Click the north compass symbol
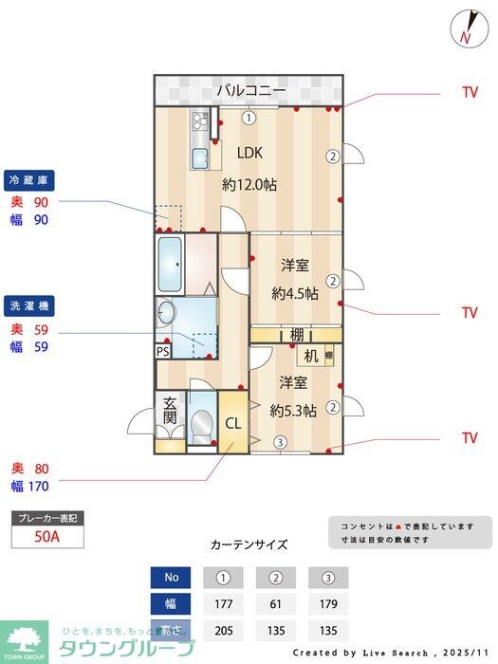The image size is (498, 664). [465, 28]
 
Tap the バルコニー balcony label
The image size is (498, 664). [250, 91]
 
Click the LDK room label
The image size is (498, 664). [249, 153]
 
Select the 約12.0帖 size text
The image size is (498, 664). [249, 186]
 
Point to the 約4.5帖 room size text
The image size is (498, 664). [294, 293]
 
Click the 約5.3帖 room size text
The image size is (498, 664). [293, 411]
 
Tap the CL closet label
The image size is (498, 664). [233, 423]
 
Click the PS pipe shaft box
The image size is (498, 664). [164, 350]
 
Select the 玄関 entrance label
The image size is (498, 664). [170, 410]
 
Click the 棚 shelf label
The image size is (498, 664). [297, 334]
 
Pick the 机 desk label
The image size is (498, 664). [310, 356]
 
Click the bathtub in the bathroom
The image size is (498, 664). [171, 266]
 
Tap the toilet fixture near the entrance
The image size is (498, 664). [201, 423]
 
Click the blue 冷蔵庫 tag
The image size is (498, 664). [30, 178]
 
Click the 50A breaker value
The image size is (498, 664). [46, 536]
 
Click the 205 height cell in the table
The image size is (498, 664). [224, 629]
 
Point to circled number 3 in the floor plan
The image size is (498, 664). [281, 441]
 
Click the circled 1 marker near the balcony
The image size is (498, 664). [248, 119]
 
